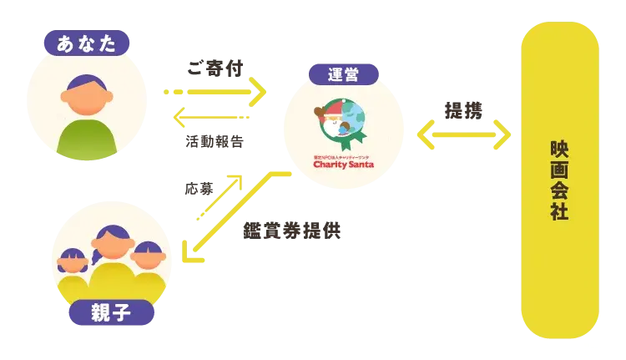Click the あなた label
pos(87,43)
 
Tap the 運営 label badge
pos(343,74)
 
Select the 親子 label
pos(111,313)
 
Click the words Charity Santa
pos(343,165)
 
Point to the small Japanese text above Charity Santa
pos(343,156)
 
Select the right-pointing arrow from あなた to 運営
pos(214,90)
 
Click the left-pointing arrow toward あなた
pos(212,118)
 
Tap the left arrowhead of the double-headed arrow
pos(425,134)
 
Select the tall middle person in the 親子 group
pos(113,251)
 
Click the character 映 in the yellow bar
pos(559,149)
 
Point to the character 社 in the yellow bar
pos(559,211)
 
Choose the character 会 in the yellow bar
pos(559,190)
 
